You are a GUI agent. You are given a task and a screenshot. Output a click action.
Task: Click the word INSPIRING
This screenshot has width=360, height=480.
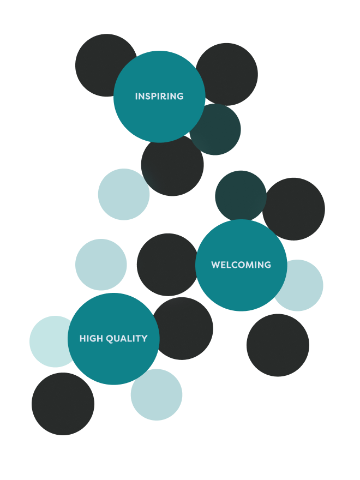click(159, 97)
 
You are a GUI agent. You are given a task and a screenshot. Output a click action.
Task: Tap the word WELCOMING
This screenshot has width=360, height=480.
click(241, 265)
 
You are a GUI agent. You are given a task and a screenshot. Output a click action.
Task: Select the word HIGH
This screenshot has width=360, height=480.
click(91, 339)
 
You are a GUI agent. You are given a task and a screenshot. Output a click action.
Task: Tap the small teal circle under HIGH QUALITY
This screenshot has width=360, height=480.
click(157, 395)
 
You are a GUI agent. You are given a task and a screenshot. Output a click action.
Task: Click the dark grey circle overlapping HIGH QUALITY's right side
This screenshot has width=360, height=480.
click(185, 327)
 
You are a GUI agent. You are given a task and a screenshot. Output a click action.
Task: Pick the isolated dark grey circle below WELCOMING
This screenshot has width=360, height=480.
click(278, 345)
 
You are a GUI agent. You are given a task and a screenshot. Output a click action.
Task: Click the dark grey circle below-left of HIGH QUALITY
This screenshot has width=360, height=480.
click(63, 404)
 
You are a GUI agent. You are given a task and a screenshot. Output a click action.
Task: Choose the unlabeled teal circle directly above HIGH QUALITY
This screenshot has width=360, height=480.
click(101, 265)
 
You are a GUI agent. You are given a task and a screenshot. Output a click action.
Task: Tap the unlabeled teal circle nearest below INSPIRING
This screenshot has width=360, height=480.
click(124, 194)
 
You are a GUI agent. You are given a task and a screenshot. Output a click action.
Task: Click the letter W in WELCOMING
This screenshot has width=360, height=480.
click(215, 265)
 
